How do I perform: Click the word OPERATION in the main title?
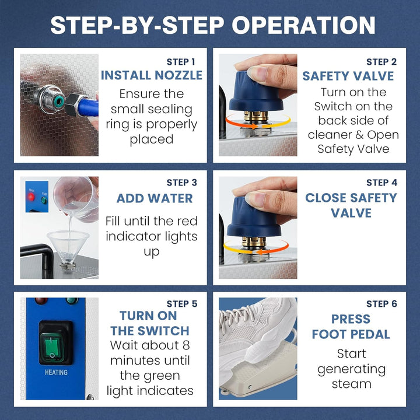click(303, 25)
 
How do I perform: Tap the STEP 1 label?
click(181, 62)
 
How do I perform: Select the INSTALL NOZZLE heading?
click(152, 75)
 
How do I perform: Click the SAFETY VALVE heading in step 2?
click(348, 76)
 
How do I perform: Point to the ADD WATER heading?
click(155, 198)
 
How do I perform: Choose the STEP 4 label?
click(381, 183)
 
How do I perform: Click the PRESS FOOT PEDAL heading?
click(351, 327)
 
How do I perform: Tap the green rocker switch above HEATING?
click(52, 348)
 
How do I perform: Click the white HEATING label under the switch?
click(56, 372)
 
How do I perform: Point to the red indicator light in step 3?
click(31, 197)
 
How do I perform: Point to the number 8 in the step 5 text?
click(186, 345)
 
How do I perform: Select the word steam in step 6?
click(351, 384)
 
